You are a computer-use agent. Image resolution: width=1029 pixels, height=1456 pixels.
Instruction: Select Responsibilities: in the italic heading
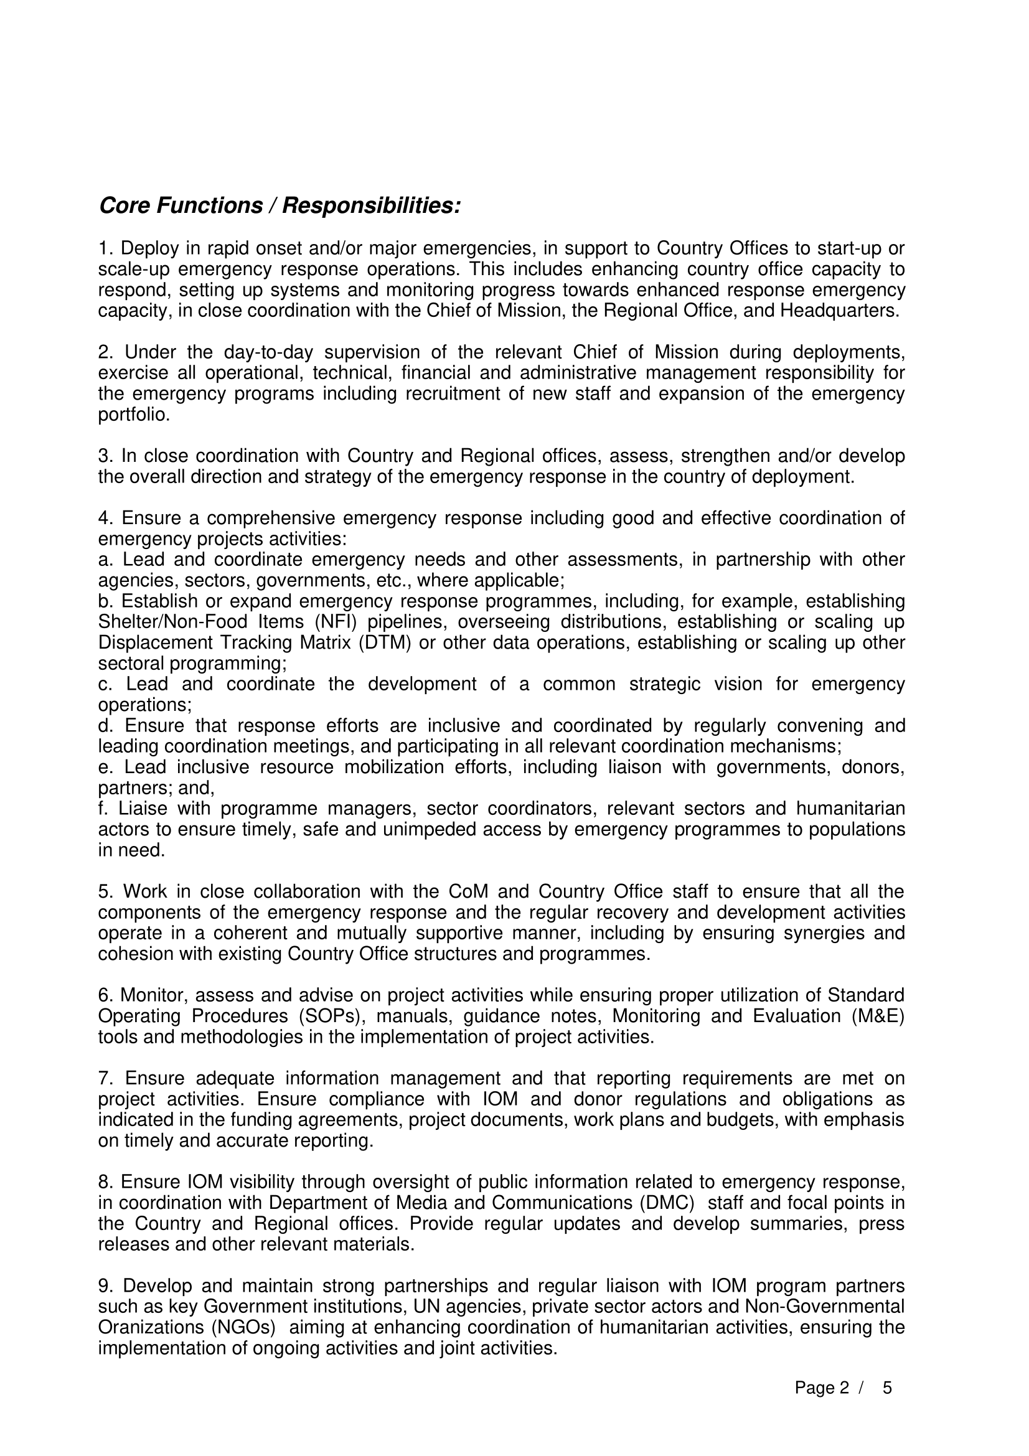(x=371, y=205)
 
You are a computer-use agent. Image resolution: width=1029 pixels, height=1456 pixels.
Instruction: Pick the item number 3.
(x=105, y=456)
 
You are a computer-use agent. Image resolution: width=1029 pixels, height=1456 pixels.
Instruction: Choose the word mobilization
(x=393, y=768)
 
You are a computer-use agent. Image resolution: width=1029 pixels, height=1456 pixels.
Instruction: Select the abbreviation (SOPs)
(x=332, y=1016)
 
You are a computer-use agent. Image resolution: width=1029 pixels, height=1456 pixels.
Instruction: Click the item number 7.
(x=105, y=1078)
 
